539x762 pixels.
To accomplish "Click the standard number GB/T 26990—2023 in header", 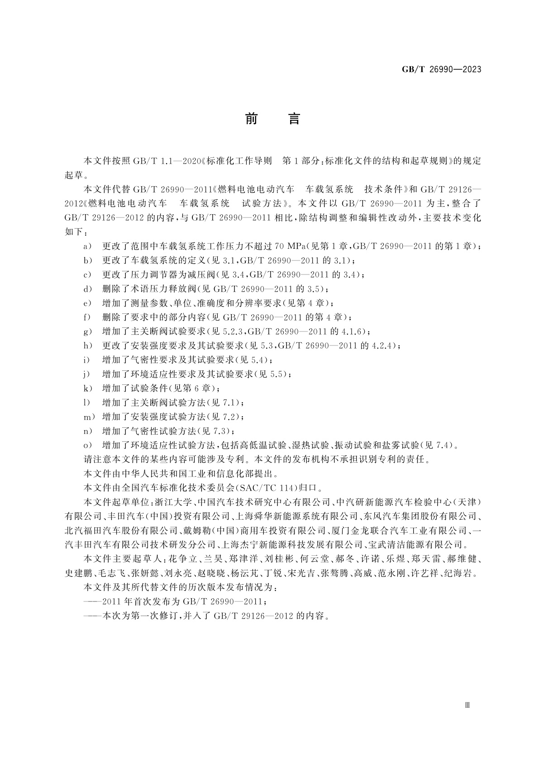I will point(441,69).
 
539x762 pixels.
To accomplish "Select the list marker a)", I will point(87,246).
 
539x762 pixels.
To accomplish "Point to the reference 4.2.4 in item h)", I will point(384,346).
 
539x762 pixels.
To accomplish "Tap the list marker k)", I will point(87,388).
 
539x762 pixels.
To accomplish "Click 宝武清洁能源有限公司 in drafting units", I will point(420,544).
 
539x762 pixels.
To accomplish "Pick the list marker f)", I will point(87,317).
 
